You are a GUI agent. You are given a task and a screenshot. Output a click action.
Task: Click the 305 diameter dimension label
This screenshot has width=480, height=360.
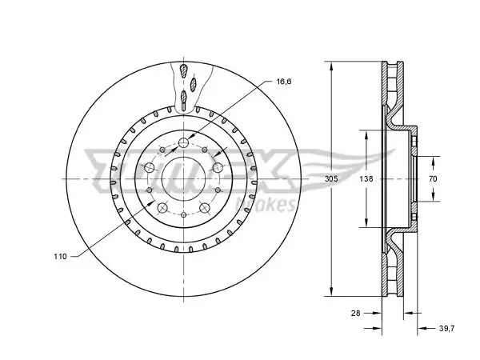pyautogui.click(x=331, y=178)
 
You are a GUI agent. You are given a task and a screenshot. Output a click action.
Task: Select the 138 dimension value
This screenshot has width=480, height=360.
pyautogui.click(x=366, y=178)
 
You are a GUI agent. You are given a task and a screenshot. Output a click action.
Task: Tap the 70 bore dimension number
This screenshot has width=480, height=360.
pyautogui.click(x=433, y=178)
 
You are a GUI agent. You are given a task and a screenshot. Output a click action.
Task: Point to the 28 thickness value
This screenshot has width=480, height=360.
pyautogui.click(x=356, y=313)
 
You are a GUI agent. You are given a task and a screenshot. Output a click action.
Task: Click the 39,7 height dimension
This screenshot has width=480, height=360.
pyautogui.click(x=447, y=329)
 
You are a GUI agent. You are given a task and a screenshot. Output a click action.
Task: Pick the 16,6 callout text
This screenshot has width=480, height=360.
pyautogui.click(x=284, y=82)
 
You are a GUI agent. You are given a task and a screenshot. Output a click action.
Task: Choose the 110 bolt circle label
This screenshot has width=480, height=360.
pyautogui.click(x=60, y=257)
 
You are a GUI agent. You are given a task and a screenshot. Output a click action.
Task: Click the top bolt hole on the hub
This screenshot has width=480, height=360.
pyautogui.click(x=183, y=142)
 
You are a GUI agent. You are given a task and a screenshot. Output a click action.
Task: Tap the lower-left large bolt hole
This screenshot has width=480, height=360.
pyautogui.click(x=162, y=208)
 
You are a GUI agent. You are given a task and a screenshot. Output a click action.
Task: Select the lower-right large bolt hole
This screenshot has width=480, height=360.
pyautogui.click(x=205, y=208)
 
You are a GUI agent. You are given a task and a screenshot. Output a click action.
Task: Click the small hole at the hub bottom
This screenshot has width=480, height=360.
pyautogui.click(x=183, y=214)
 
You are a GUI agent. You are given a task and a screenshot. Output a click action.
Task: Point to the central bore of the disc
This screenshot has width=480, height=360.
pyautogui.click(x=183, y=178)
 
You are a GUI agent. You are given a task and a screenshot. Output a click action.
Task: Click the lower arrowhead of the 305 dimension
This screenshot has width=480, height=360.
pyautogui.click(x=331, y=290)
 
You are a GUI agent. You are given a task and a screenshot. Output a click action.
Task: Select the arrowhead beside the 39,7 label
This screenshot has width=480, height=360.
pyautogui.click(x=422, y=329)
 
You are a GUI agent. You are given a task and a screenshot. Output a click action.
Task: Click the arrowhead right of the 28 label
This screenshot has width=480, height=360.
pyautogui.click(x=377, y=313)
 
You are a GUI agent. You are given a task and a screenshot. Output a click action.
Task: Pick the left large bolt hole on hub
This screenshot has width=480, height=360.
pyautogui.click(x=150, y=167)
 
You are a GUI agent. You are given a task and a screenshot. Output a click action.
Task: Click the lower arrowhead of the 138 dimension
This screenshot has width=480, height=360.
pyautogui.click(x=366, y=222)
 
